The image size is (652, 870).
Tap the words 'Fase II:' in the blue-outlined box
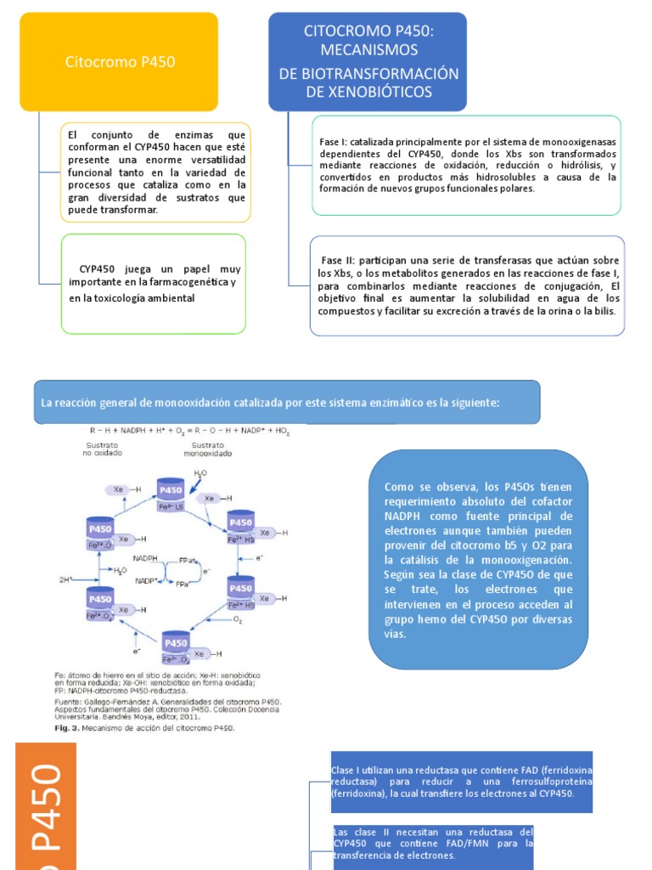[x=339, y=259]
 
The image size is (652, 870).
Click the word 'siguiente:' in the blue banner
[x=474, y=402]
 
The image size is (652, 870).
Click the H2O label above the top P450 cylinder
[x=200, y=472]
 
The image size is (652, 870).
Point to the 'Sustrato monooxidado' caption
[x=207, y=449]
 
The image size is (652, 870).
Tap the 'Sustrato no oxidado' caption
[x=102, y=449]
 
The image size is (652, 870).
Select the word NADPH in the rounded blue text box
[x=405, y=516]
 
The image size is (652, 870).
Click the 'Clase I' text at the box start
[x=346, y=769]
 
